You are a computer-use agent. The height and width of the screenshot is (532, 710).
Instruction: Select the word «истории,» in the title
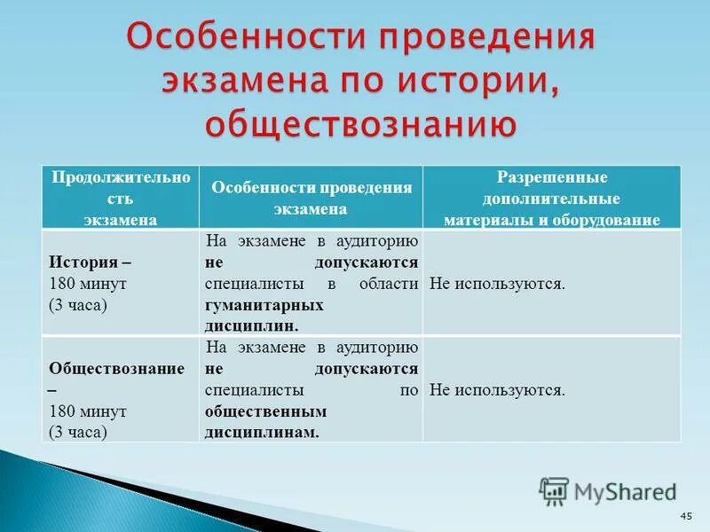click(x=478, y=80)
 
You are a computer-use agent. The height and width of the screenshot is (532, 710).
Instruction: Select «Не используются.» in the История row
click(x=496, y=284)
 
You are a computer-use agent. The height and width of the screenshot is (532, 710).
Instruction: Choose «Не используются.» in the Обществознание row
click(x=496, y=389)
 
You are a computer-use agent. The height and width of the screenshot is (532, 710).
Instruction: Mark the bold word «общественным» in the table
click(x=265, y=411)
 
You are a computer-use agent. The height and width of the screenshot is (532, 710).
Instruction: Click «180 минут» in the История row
click(x=88, y=285)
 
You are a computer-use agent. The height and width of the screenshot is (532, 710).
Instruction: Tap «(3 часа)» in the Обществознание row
click(x=78, y=432)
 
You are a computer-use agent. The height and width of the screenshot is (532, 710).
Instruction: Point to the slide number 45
click(x=685, y=516)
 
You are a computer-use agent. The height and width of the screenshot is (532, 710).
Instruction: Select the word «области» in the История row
click(x=388, y=284)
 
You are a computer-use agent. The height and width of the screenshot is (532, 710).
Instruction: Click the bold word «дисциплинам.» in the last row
click(x=261, y=432)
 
